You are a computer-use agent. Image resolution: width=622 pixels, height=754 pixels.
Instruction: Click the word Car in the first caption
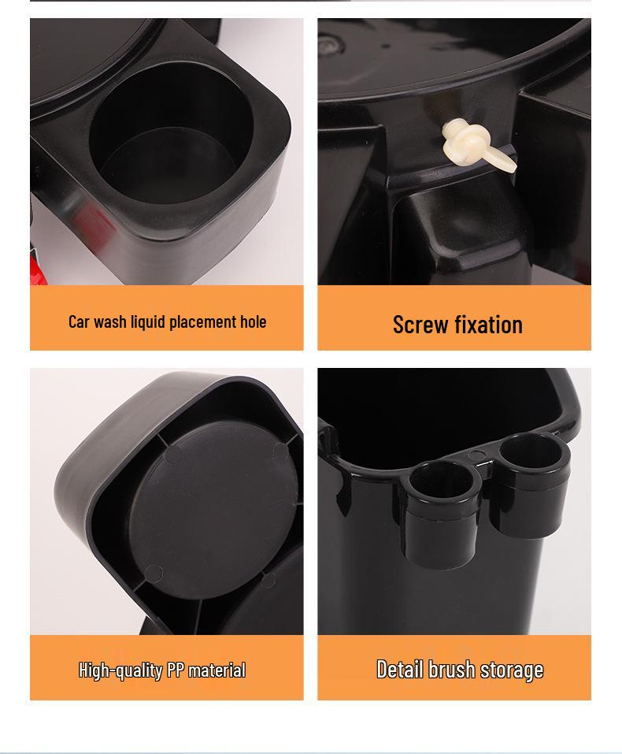tap(79, 321)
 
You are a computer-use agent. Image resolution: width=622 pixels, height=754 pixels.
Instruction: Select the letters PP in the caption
tap(174, 670)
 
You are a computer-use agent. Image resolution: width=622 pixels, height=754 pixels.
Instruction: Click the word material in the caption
tap(217, 670)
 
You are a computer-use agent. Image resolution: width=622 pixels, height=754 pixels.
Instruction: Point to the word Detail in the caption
tap(400, 670)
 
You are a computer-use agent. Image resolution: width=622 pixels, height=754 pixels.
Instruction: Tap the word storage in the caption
tap(512, 670)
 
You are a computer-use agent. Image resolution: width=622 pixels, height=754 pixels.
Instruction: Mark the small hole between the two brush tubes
tap(477, 455)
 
